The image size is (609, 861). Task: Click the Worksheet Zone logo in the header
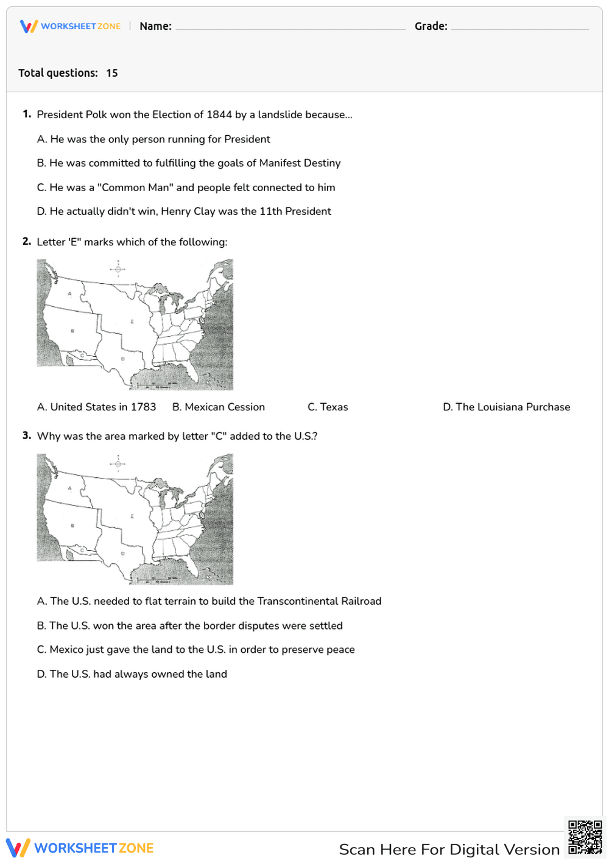click(70, 26)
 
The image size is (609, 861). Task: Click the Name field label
click(155, 26)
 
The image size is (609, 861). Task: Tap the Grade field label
click(431, 26)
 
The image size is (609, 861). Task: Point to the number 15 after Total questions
click(112, 73)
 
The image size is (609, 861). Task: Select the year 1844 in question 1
click(219, 114)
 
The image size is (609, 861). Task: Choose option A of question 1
click(153, 139)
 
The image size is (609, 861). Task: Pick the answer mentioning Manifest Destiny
click(189, 163)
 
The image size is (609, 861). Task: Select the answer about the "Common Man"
click(186, 188)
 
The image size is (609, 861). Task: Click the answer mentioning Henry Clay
click(184, 211)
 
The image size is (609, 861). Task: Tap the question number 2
click(27, 242)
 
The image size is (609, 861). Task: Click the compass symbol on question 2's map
click(118, 269)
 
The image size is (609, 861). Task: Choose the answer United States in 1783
click(96, 407)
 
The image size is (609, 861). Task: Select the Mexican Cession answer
click(218, 407)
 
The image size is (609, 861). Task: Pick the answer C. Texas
click(328, 407)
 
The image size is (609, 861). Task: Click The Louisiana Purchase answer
click(506, 407)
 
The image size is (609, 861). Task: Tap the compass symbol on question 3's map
click(118, 463)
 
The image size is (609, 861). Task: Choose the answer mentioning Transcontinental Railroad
click(209, 601)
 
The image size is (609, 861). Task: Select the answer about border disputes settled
click(189, 625)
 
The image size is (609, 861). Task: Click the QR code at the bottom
click(585, 837)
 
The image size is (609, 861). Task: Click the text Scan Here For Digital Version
click(449, 849)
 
